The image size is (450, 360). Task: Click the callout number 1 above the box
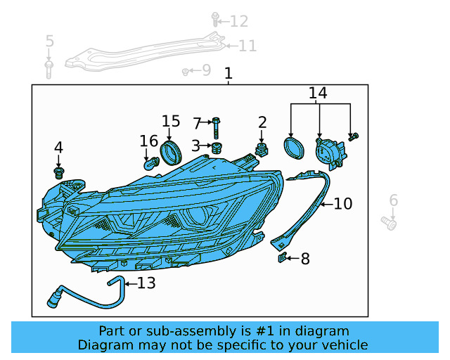coord(228,73)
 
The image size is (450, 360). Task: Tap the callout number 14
coord(318,93)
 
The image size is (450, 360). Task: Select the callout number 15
coord(171,122)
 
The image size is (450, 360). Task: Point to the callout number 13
coord(146,283)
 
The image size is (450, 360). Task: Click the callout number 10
coord(342,204)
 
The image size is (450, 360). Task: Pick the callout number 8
coord(304,259)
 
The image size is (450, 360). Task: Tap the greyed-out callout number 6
coord(393,200)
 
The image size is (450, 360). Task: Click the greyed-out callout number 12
coord(238,21)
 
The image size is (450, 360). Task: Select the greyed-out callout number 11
coord(247,46)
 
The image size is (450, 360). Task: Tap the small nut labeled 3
coord(217,147)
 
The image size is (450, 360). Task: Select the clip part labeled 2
coord(262,150)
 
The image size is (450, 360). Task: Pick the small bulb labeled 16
coord(150,164)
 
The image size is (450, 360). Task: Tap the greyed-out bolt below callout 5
coord(49,68)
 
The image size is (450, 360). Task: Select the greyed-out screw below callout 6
coord(389,224)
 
